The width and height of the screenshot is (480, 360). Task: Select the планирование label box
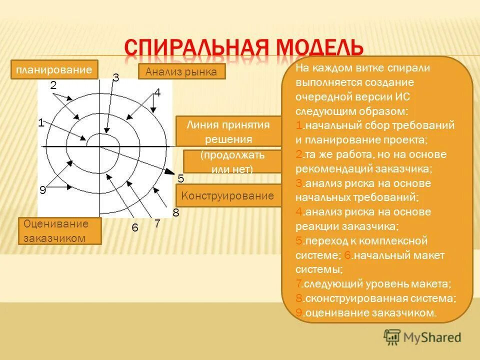coord(54,69)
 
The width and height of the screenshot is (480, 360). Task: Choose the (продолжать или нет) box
coord(232,162)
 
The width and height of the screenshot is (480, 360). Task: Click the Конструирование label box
coord(227,195)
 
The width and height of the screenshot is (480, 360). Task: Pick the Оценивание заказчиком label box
coord(59,231)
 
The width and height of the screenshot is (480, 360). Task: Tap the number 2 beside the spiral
coord(53,85)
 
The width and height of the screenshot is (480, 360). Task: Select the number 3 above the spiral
coord(115,77)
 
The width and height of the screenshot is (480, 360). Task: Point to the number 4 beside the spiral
coord(157,93)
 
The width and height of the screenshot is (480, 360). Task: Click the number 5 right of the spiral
coord(181,178)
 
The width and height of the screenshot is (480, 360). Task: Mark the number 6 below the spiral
coord(134,227)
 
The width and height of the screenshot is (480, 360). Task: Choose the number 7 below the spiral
coord(157,224)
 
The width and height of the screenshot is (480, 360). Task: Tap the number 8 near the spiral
coord(175,213)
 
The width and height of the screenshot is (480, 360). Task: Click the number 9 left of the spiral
coord(43,190)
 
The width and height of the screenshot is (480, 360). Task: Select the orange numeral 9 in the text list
coord(298,313)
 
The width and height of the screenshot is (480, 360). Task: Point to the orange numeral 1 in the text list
coord(298,125)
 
